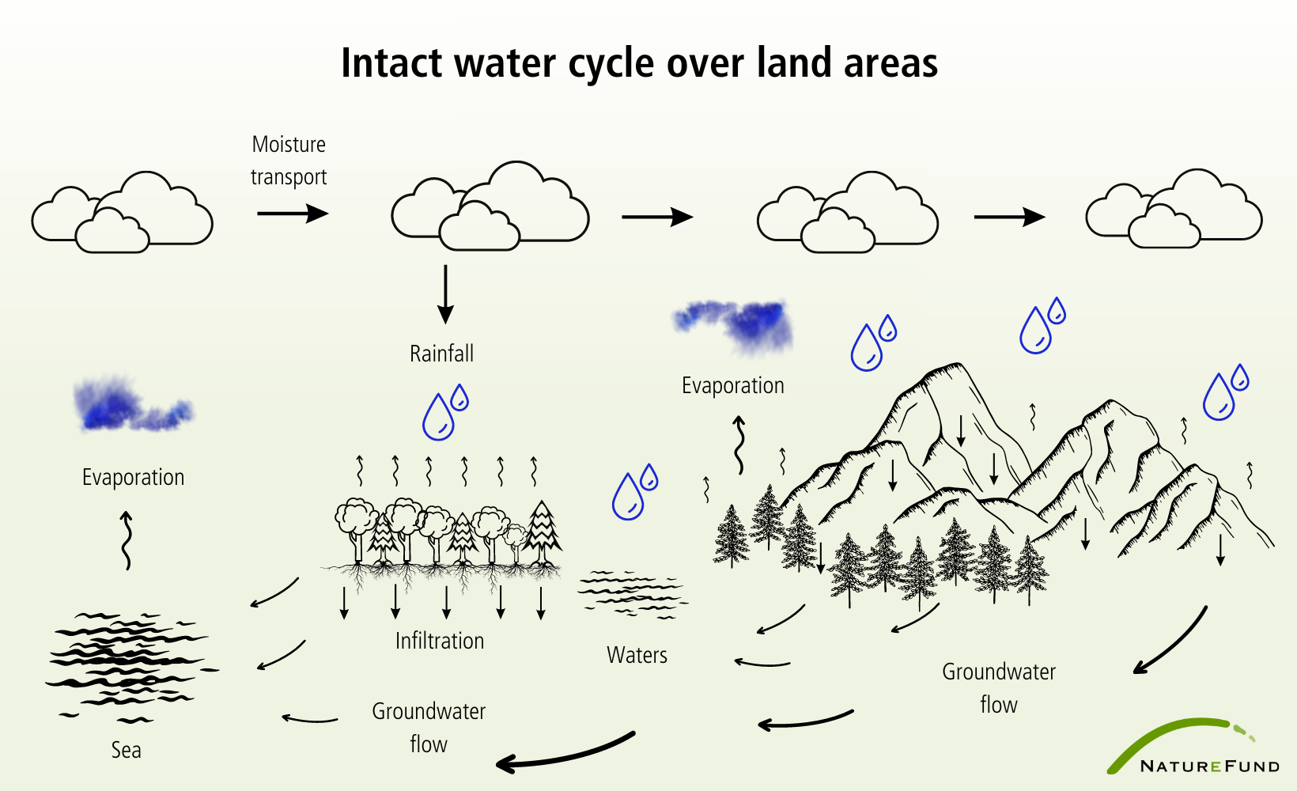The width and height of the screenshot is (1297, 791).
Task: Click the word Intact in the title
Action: point(391,63)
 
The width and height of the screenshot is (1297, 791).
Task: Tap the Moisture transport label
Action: point(289,161)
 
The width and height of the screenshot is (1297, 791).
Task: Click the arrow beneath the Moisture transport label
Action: point(293,213)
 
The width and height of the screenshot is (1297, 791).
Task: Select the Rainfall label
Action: point(441,354)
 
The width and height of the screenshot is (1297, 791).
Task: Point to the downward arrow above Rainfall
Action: point(445,294)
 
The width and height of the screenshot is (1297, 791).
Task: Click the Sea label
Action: point(126,750)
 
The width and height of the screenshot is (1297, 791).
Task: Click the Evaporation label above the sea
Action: point(133,477)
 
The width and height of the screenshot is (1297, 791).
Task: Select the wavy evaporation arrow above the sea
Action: point(126,540)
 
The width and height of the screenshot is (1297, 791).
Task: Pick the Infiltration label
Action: point(440,641)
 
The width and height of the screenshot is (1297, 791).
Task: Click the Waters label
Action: point(637,655)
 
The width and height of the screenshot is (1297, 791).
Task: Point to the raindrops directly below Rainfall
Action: point(445,412)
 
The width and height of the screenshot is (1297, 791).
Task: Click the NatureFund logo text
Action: point(1209,766)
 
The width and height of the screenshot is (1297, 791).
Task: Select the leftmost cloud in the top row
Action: point(122,212)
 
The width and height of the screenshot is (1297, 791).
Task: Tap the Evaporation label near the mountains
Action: point(733,385)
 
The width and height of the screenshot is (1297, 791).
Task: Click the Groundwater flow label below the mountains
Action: point(999,688)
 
